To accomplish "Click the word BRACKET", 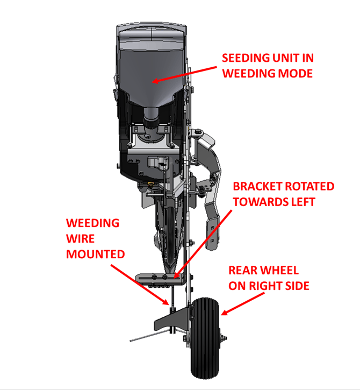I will click(256, 187).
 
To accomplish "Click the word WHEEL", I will click(279, 271).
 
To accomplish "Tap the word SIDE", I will click(295, 286).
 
